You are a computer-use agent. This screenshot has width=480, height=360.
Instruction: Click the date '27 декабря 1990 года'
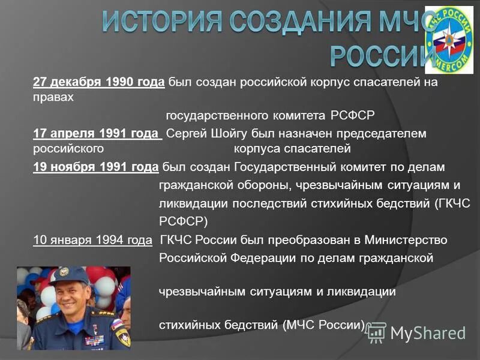pos(99,83)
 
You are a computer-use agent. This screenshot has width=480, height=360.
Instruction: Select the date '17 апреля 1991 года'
pos(97,133)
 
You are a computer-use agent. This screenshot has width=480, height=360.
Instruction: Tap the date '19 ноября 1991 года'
pos(95,166)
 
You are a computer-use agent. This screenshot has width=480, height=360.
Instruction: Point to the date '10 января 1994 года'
pos(92,241)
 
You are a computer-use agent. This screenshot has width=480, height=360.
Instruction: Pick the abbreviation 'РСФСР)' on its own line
pos(183,221)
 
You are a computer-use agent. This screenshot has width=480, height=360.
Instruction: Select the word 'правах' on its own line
pos(53,98)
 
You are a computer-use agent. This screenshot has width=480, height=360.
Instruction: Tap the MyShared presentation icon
pos(376,332)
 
